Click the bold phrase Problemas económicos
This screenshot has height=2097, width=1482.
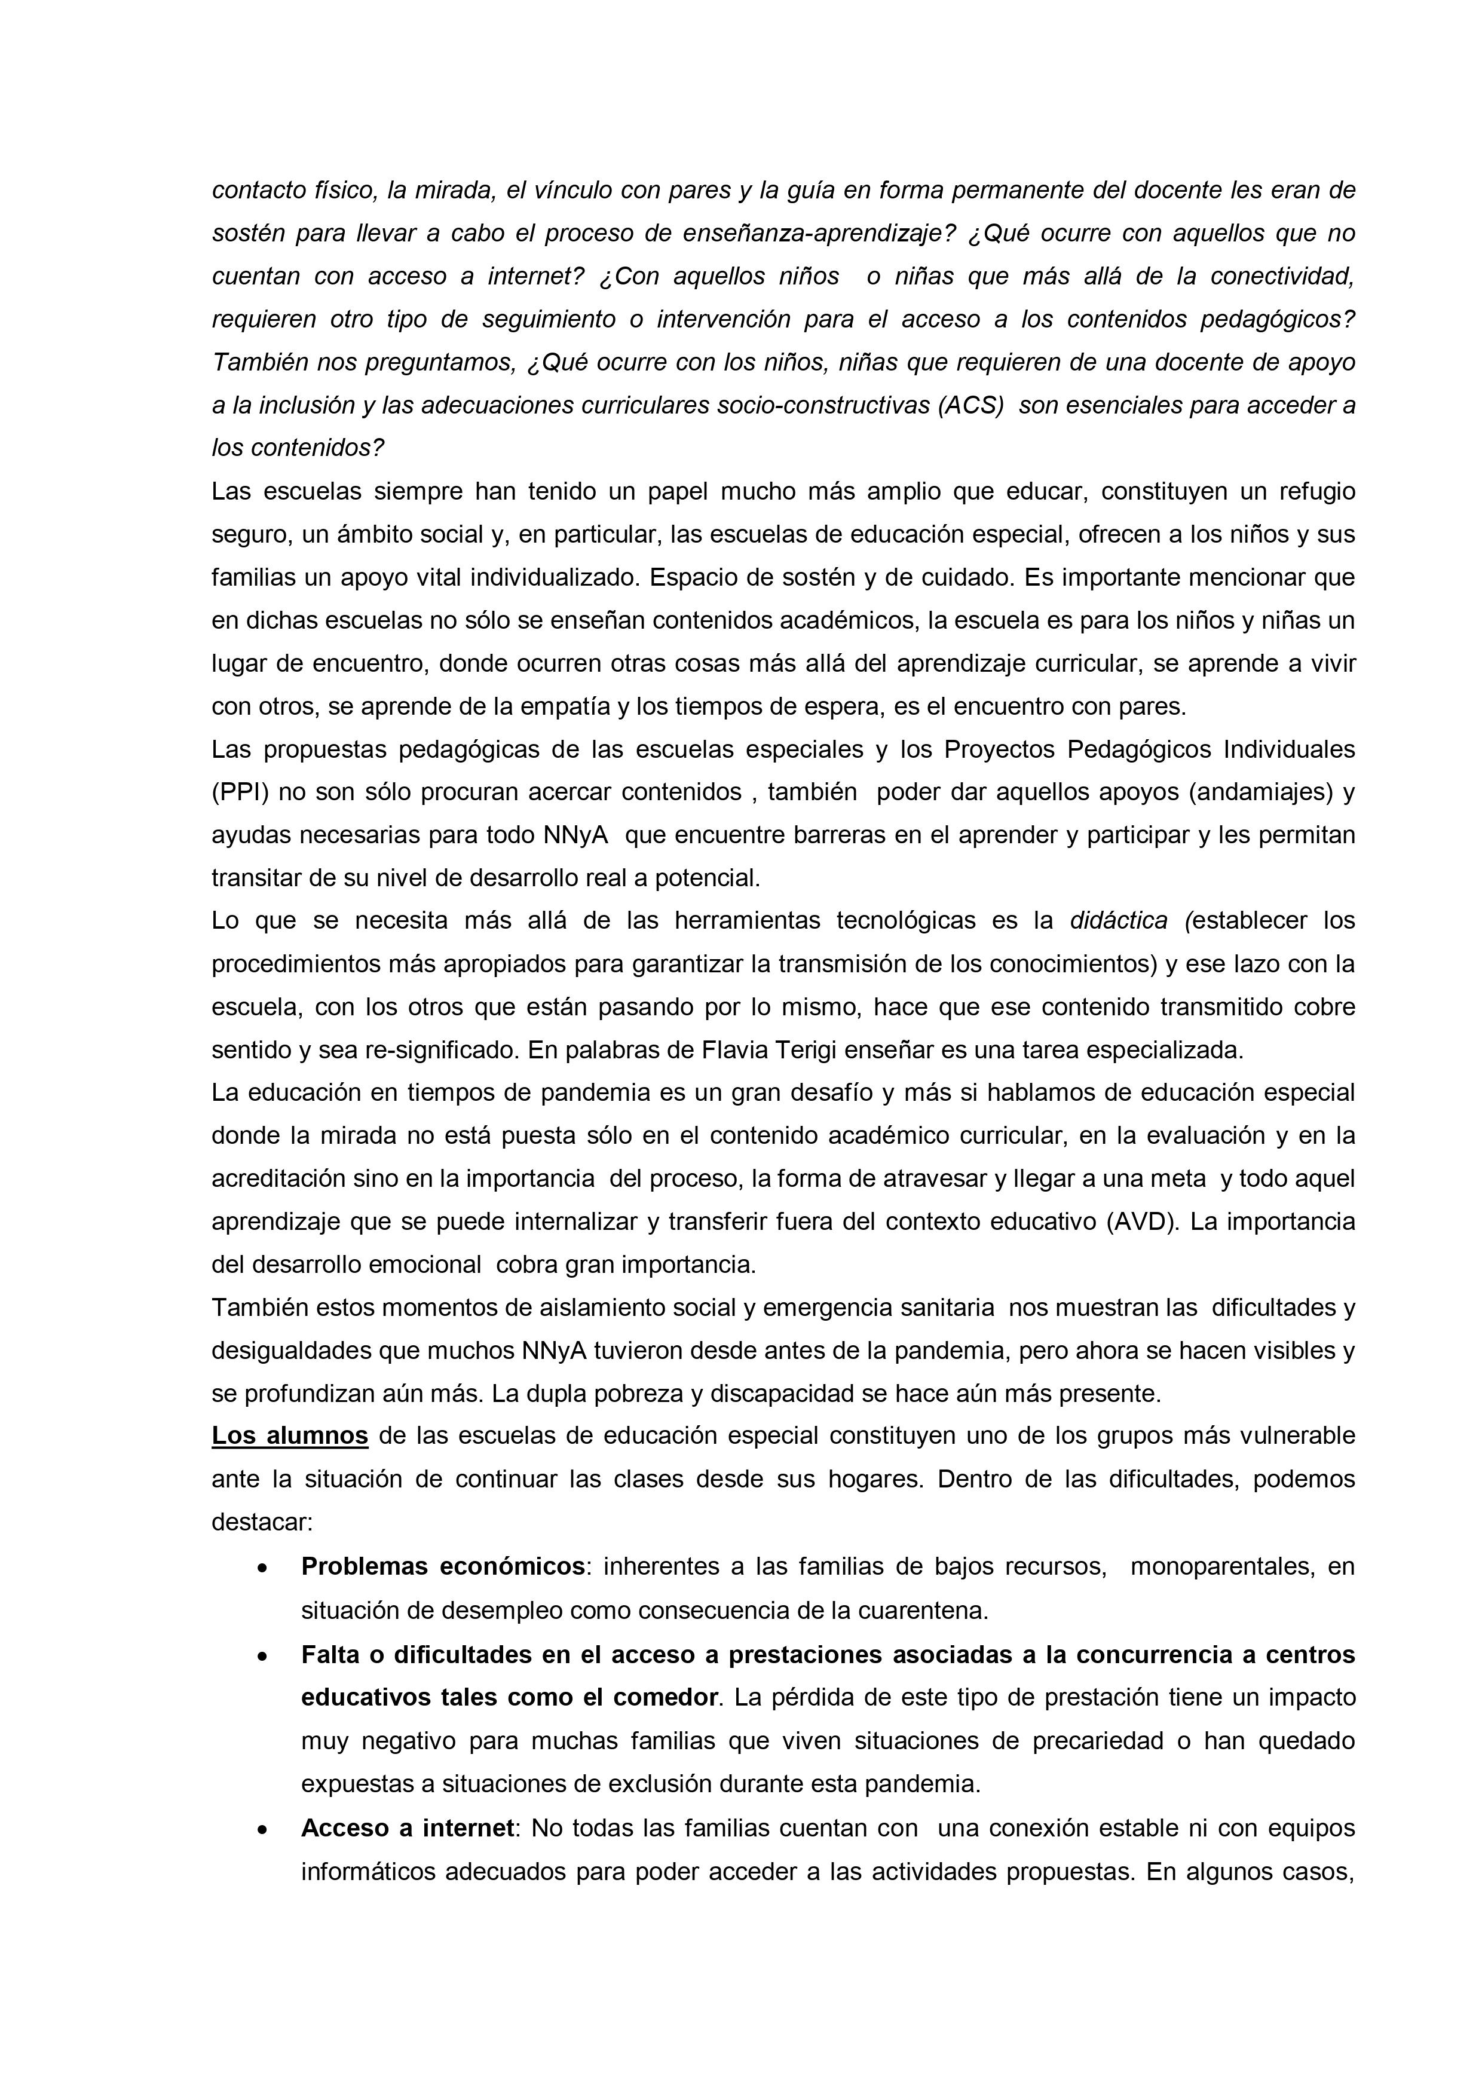pyautogui.click(x=443, y=1566)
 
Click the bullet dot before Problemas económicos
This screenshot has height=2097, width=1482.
pyautogui.click(x=263, y=1568)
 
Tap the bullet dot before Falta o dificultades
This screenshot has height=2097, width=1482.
pyautogui.click(x=263, y=1656)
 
